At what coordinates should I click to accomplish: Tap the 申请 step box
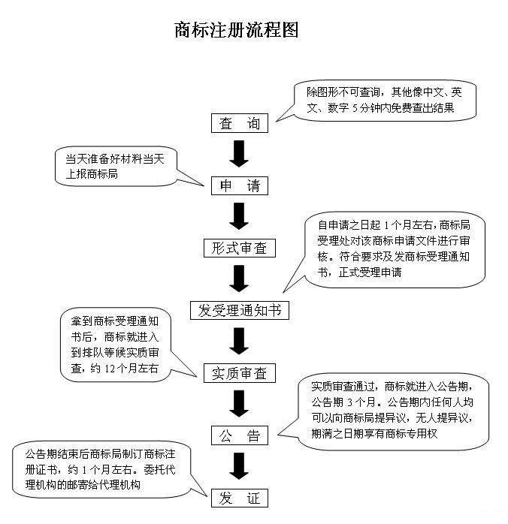(239, 186)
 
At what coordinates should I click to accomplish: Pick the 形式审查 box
(239, 248)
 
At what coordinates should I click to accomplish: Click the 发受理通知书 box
(239, 309)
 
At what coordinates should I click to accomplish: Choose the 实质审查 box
(239, 372)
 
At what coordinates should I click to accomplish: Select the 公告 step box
(239, 435)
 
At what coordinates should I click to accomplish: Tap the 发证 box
(239, 498)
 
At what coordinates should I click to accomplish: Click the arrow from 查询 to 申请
(239, 155)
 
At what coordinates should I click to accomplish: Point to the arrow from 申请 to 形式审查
(239, 216)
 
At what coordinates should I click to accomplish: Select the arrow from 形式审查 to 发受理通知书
(239, 278)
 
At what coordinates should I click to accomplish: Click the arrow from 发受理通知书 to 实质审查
(239, 340)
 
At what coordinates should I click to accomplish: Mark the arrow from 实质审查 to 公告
(239, 403)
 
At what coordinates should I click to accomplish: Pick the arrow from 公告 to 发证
(239, 465)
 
